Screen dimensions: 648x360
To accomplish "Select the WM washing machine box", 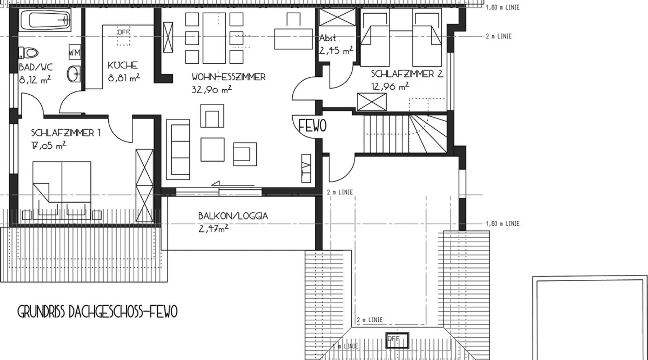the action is tap(75, 53).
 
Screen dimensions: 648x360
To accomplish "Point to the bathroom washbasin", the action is tap(74, 74).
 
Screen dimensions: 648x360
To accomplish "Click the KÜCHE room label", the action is tap(123, 66).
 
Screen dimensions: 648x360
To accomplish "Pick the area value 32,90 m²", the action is tap(212, 89).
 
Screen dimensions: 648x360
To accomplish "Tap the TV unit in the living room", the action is tap(306, 168).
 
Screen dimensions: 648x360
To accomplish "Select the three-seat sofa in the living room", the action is tap(178, 149).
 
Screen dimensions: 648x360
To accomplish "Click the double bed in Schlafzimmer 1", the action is tap(62, 190).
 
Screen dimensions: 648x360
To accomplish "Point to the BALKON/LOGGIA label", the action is tap(233, 216).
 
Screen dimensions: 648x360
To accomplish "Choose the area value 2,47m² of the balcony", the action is tap(213, 229).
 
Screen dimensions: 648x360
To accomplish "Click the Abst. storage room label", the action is tap(328, 38).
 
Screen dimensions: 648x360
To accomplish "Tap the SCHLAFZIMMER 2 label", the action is tap(407, 74).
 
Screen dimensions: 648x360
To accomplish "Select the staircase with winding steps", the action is tap(405, 134).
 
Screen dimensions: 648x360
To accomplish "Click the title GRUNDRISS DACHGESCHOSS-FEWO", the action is tap(98, 312).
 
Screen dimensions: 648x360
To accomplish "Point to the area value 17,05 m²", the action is tap(49, 145).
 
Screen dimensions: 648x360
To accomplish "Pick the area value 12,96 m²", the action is tap(390, 86).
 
